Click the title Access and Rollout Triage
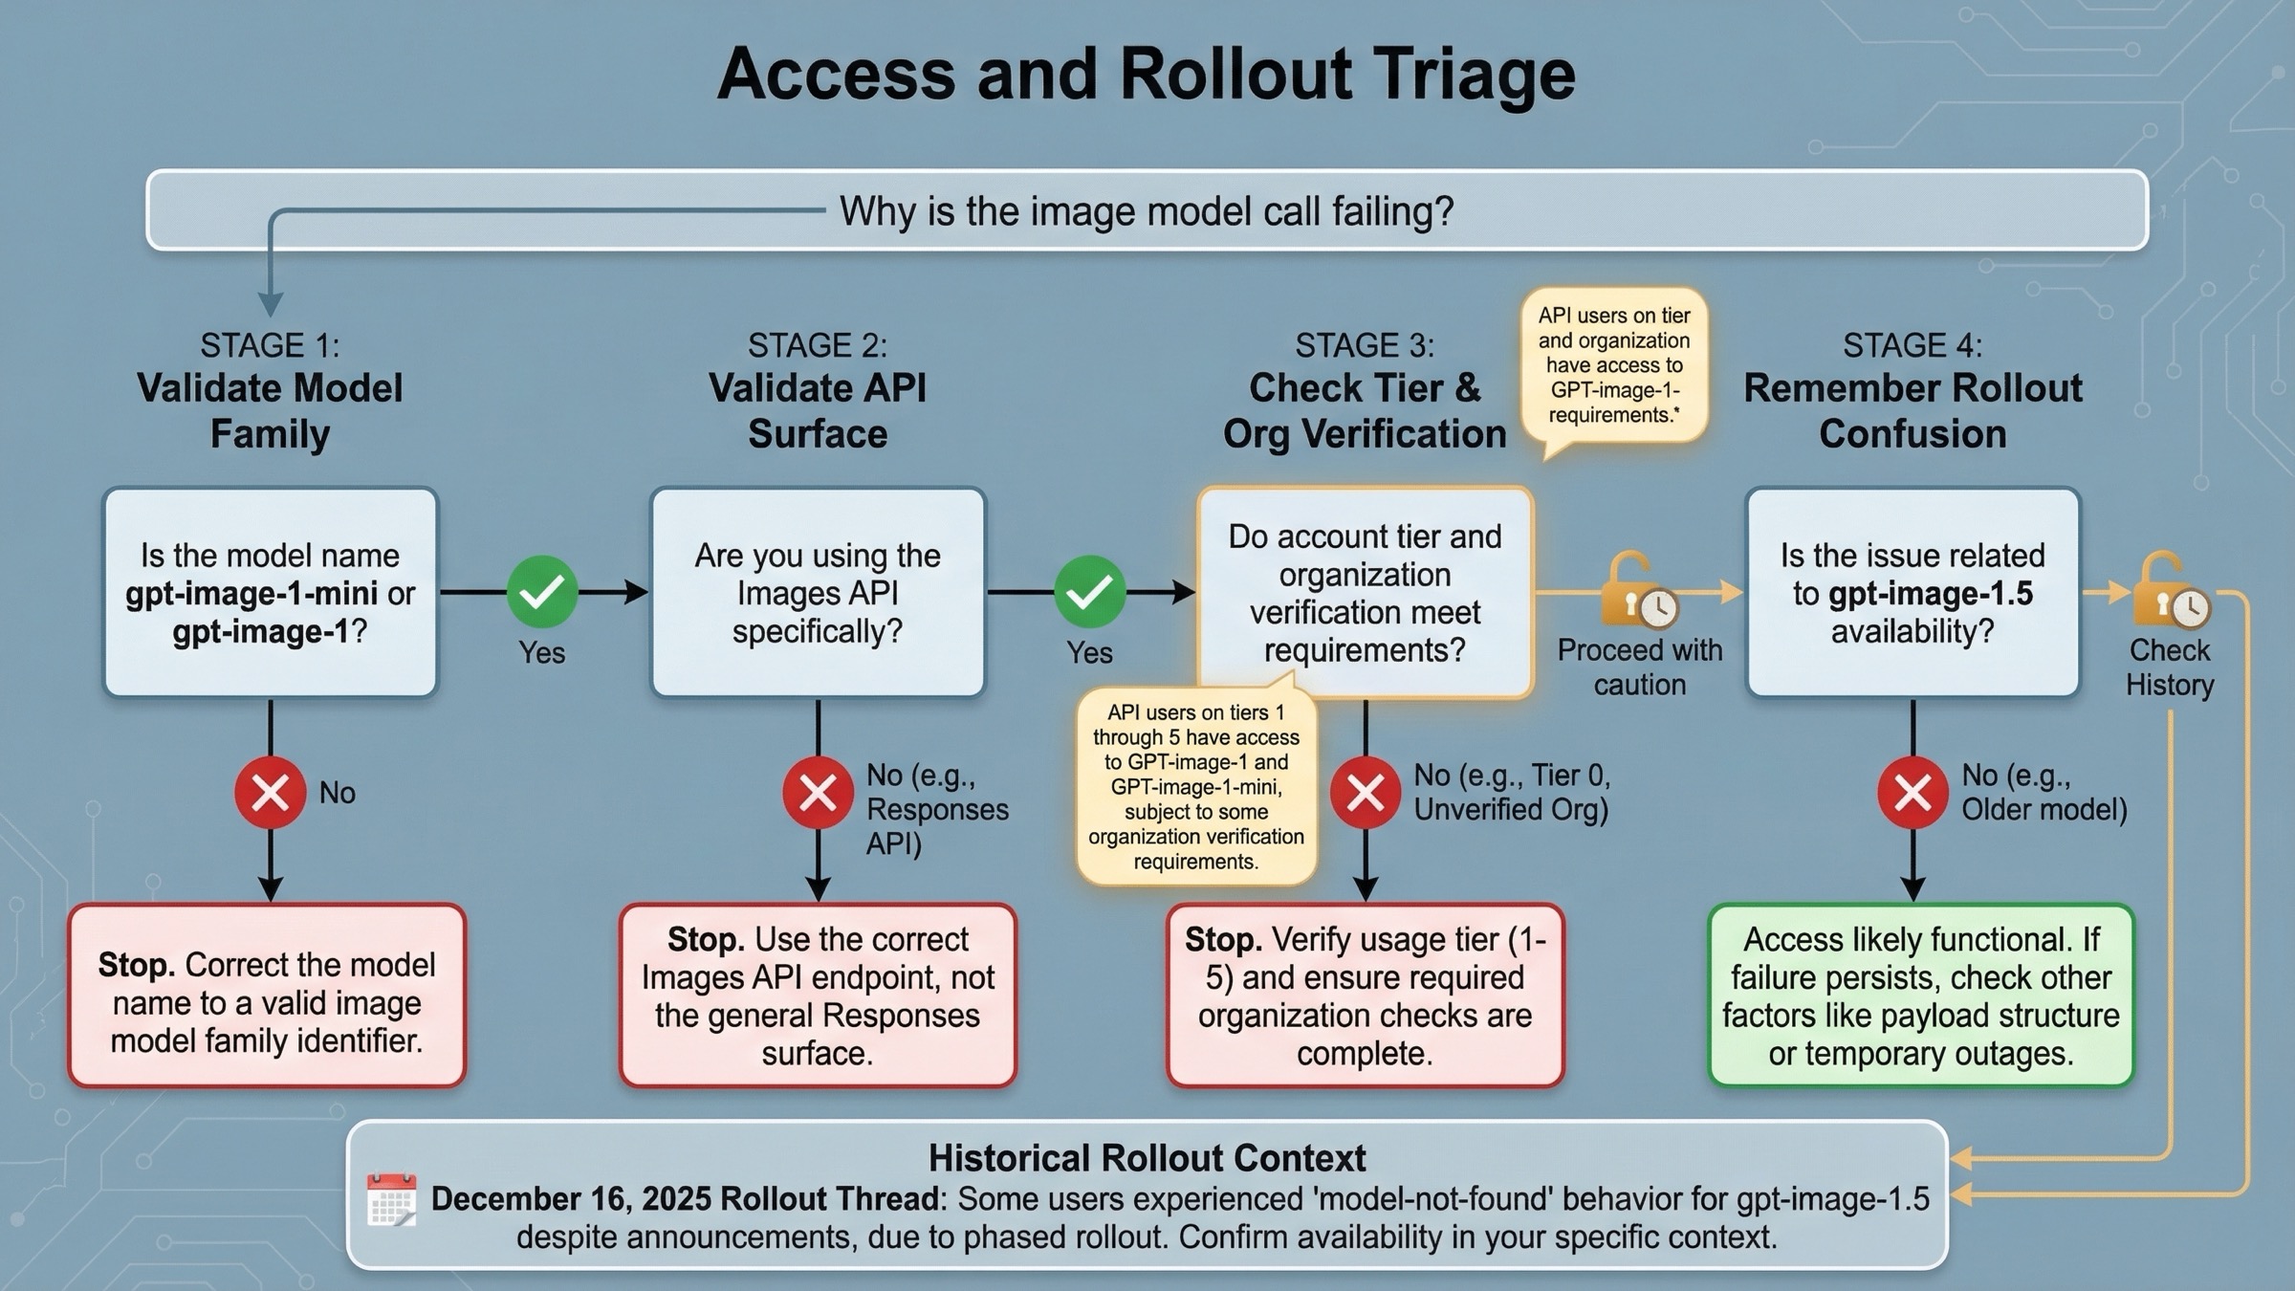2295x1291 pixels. pyautogui.click(x=1146, y=75)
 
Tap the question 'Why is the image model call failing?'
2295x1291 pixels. pyautogui.click(x=1146, y=211)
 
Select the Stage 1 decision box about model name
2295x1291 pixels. pyautogui.click(x=270, y=593)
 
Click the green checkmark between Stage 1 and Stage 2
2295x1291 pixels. pyautogui.click(x=541, y=592)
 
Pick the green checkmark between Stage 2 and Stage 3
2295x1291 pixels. pyautogui.click(x=1089, y=592)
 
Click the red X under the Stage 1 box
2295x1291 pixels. pyautogui.click(x=270, y=792)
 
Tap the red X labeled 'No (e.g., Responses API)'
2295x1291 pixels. pyautogui.click(x=818, y=792)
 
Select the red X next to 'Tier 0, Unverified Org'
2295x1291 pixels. pyautogui.click(x=1365, y=792)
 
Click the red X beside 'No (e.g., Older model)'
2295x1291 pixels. pyautogui.click(x=1912, y=792)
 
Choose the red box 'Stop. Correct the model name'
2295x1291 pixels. pyautogui.click(x=267, y=996)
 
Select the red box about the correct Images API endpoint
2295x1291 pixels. pyautogui.click(x=818, y=996)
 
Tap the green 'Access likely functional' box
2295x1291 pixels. pyautogui.click(x=1920, y=996)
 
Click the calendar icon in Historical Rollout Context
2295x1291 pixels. pyautogui.click(x=392, y=1200)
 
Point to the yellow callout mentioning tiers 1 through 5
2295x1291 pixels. pyautogui.click(x=1196, y=786)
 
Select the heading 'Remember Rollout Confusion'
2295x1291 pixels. pyautogui.click(x=1912, y=410)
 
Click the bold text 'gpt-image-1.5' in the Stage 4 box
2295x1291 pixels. pyautogui.click(x=1930, y=594)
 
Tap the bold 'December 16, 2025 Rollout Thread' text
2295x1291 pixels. pyautogui.click(x=685, y=1199)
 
